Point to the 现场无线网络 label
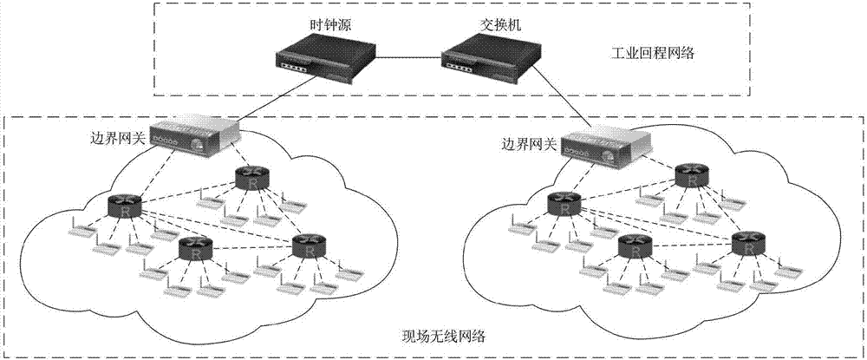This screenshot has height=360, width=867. (x=432, y=336)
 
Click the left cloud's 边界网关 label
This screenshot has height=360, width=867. (x=117, y=138)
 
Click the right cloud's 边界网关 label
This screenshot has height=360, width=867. (x=529, y=144)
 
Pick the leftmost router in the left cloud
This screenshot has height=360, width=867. (x=124, y=206)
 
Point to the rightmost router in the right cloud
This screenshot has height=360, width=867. (x=748, y=243)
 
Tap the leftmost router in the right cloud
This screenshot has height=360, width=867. (x=564, y=205)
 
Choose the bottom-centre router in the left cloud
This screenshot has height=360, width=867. (x=194, y=250)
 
